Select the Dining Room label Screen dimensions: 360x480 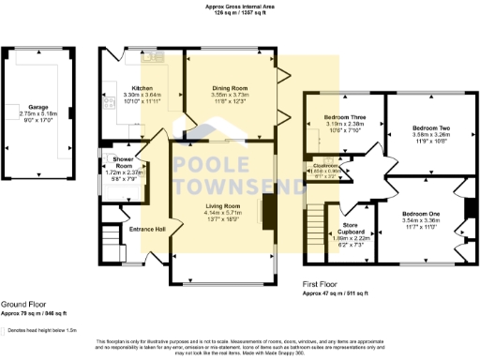(230, 87)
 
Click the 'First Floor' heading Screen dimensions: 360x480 (321, 281)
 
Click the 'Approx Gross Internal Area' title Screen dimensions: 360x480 (239, 6)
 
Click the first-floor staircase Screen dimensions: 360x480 (314, 230)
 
